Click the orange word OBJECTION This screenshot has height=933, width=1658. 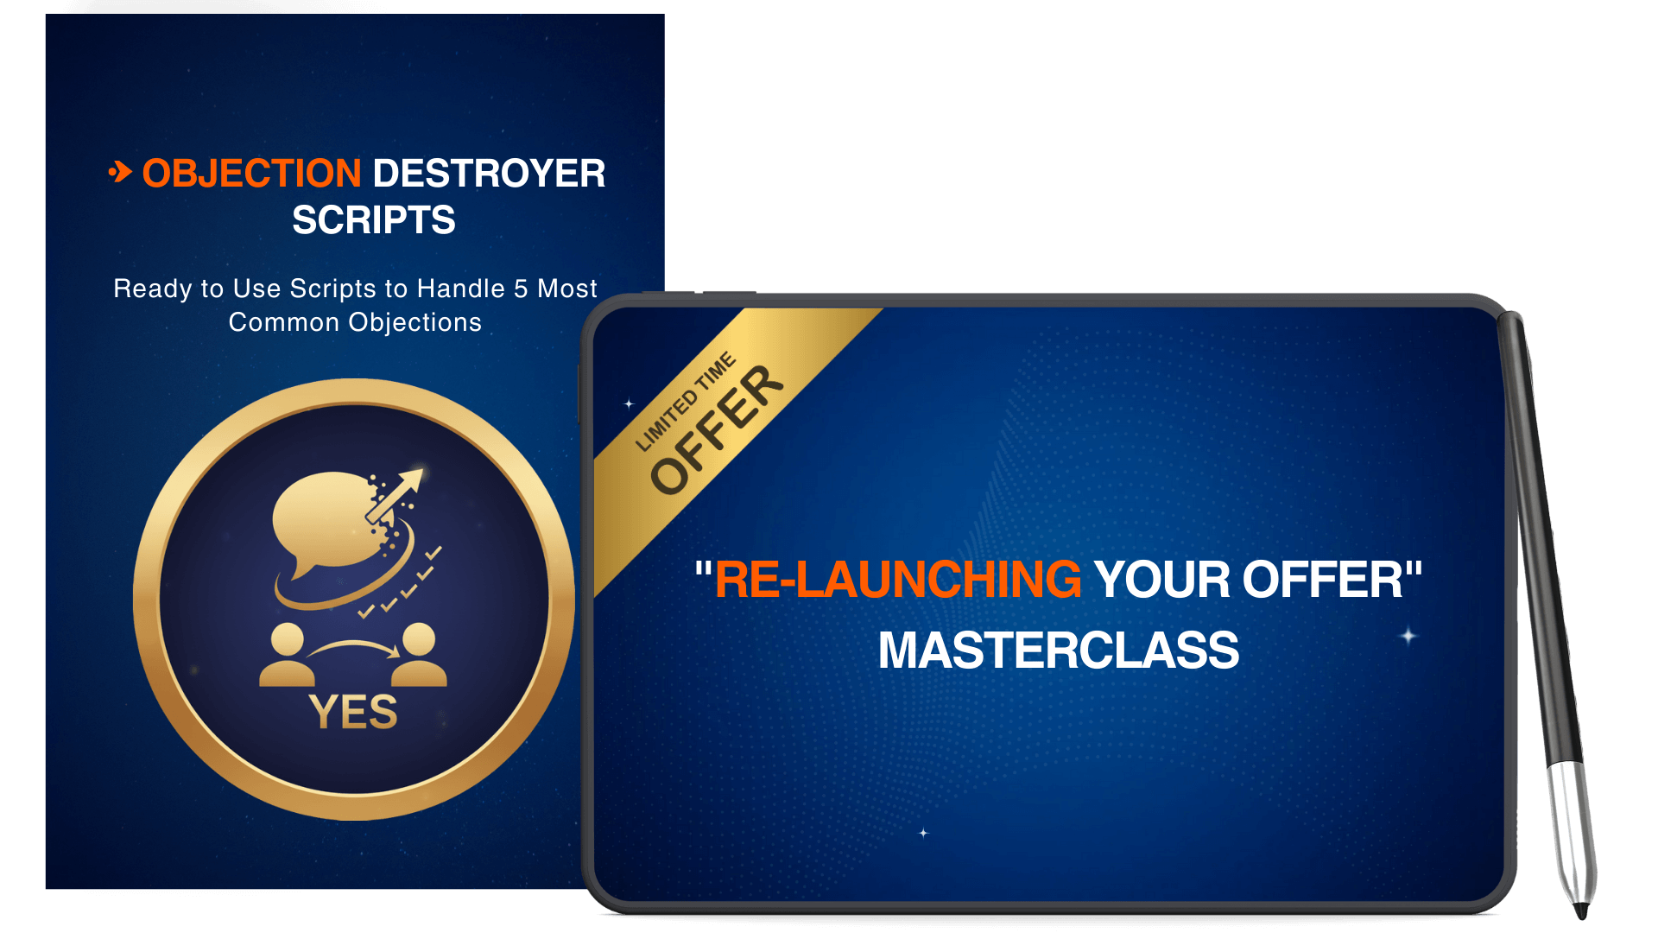(251, 174)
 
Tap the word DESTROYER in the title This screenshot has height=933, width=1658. (489, 174)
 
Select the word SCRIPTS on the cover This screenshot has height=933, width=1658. (373, 220)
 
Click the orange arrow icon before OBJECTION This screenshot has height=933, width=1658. (120, 172)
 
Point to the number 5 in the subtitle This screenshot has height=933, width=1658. (521, 289)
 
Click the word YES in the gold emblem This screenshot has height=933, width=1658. (353, 713)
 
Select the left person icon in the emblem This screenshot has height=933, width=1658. (287, 656)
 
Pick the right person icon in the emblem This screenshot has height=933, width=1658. (420, 656)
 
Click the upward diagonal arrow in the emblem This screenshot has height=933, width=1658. (397, 494)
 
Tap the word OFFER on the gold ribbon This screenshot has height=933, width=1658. (717, 429)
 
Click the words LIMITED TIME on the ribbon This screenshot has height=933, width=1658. (686, 402)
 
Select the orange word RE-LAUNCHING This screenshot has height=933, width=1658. (897, 580)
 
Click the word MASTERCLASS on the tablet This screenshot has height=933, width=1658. (1059, 651)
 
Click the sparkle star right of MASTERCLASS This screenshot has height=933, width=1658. (1408, 637)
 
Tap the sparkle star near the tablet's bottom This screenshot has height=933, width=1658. (923, 833)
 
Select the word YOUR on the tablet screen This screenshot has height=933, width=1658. (1162, 580)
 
